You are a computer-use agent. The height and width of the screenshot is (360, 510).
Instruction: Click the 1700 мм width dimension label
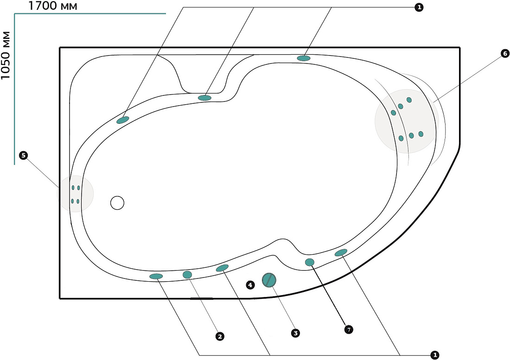pyautogui.click(x=53, y=6)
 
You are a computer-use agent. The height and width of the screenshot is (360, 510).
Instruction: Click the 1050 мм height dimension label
pyautogui.click(x=6, y=55)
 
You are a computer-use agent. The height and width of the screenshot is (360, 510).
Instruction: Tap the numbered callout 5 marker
pyautogui.click(x=23, y=155)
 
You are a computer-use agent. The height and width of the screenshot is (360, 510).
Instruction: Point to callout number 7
pyautogui.click(x=348, y=329)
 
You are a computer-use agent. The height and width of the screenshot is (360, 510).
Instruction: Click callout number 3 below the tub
pyautogui.click(x=295, y=333)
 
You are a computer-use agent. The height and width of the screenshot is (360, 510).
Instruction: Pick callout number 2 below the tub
pyautogui.click(x=220, y=336)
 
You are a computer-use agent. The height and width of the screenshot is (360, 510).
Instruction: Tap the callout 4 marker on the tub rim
pyautogui.click(x=250, y=285)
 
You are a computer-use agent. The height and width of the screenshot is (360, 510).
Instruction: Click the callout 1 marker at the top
pyautogui.click(x=419, y=7)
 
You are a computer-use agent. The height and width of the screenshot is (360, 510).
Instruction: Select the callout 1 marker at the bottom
pyautogui.click(x=434, y=355)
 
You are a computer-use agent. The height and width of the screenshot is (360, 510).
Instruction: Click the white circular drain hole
pyautogui.click(x=117, y=203)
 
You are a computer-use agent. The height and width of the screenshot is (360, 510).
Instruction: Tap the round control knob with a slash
pyautogui.click(x=269, y=280)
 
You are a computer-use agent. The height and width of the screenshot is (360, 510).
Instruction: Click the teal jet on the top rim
pyautogui.click(x=304, y=58)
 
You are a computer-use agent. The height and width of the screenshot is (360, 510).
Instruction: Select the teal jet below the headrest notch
pyautogui.click(x=204, y=98)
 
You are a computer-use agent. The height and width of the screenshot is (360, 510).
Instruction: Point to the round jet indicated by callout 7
pyautogui.click(x=310, y=262)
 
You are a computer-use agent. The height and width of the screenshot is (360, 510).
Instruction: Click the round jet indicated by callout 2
pyautogui.click(x=187, y=275)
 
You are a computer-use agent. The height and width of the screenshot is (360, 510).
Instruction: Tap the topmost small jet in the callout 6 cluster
pyautogui.click(x=409, y=100)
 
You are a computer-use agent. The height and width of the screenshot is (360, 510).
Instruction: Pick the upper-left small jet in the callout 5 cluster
pyautogui.click(x=73, y=188)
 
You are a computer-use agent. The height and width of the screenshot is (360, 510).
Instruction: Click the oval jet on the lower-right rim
pyautogui.click(x=341, y=253)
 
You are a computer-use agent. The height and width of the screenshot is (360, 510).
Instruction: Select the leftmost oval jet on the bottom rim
pyautogui.click(x=156, y=276)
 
